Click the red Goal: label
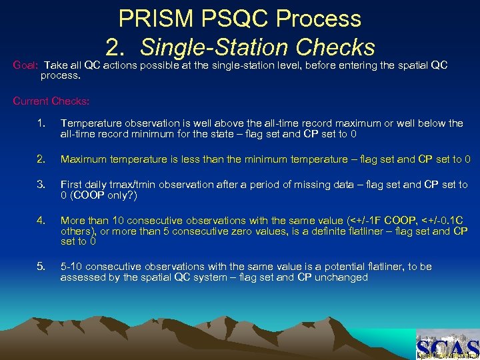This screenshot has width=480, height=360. [x=27, y=65]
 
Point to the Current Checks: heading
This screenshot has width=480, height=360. [x=51, y=101]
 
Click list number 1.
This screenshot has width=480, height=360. [x=41, y=123]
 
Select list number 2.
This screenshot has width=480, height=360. [x=41, y=159]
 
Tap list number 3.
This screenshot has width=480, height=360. [x=41, y=185]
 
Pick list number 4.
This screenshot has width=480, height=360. [x=41, y=221]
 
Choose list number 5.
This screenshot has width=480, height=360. [x=41, y=267]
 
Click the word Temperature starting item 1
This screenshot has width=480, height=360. [x=89, y=123]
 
